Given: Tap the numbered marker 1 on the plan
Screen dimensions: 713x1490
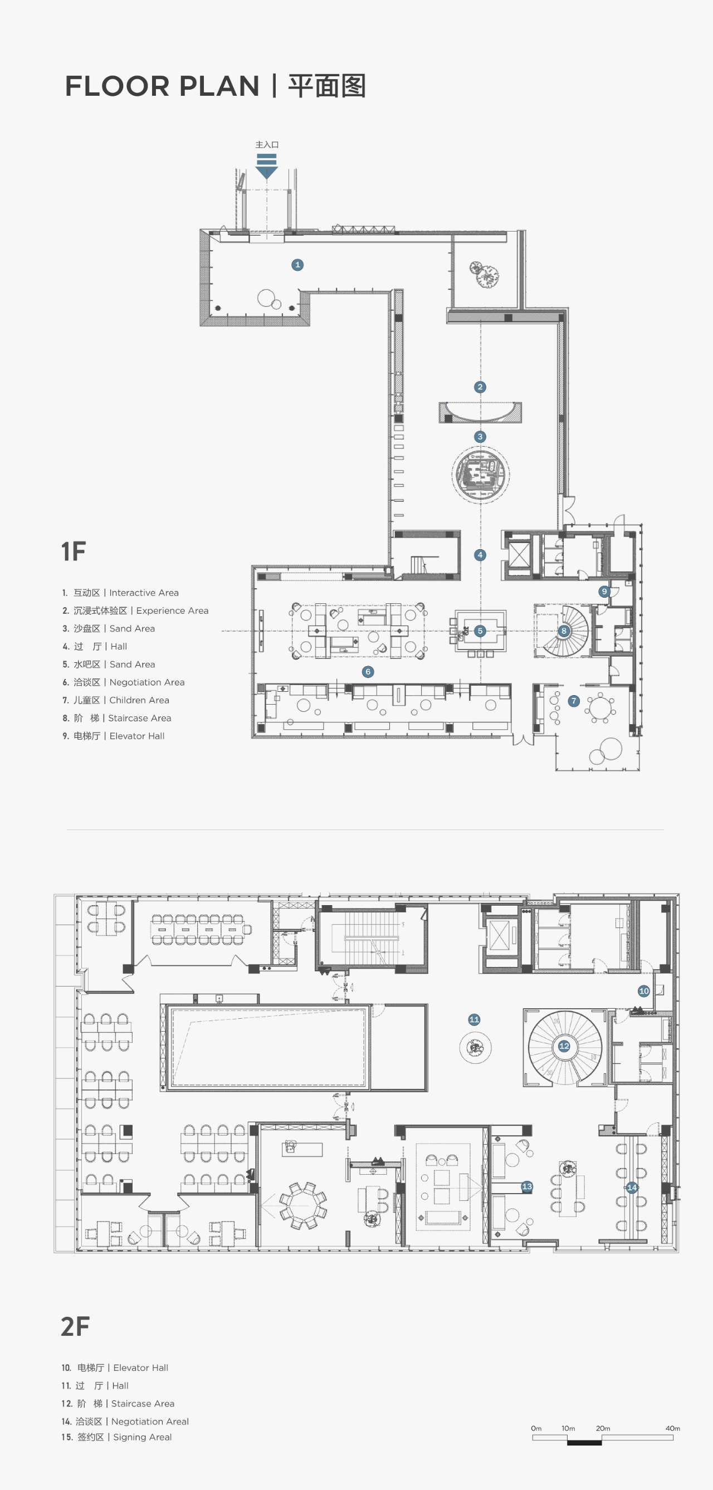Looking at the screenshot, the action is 298,265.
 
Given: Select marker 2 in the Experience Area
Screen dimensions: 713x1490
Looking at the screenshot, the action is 480,387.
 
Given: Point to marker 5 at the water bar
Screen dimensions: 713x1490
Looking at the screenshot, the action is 480,631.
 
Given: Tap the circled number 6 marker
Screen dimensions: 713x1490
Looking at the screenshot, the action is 368,672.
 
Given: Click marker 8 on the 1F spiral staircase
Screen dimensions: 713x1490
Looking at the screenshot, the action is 564,631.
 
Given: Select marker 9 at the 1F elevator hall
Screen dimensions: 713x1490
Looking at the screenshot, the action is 604,591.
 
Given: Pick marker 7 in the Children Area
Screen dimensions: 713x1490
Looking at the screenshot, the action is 574,701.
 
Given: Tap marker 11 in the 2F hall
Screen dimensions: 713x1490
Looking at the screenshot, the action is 474,1020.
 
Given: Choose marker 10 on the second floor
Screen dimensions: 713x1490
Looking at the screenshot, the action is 643,991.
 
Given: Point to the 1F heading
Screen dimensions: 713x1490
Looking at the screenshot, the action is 74,552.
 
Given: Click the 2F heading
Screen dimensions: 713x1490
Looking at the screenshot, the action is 75,1326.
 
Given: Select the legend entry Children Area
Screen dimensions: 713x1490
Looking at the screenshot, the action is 116,701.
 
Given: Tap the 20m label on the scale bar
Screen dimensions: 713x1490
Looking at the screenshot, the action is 603,1428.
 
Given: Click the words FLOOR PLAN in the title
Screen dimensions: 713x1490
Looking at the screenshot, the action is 162,86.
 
